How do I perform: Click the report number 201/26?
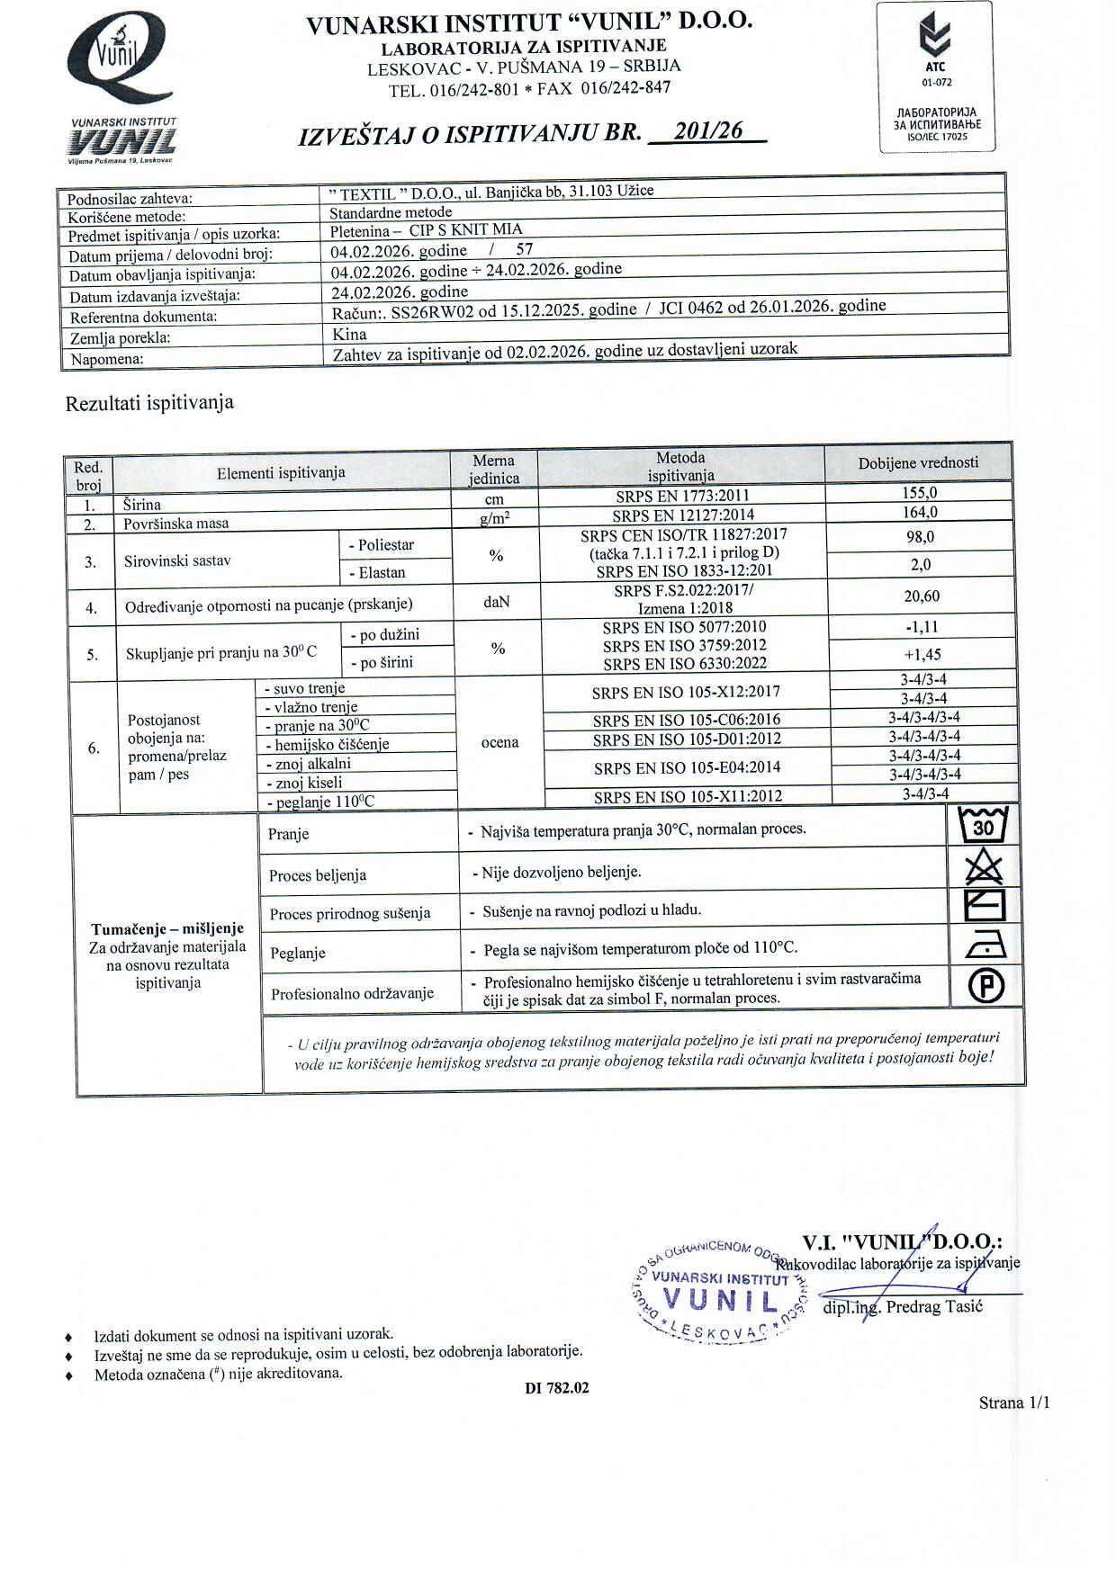click(710, 131)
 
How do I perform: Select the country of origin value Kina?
click(349, 334)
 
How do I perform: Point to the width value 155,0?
click(919, 493)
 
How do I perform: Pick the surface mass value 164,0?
click(919, 513)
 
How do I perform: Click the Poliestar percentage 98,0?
click(919, 537)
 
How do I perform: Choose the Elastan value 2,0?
click(920, 565)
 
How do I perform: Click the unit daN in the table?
click(496, 602)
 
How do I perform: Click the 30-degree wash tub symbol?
click(984, 825)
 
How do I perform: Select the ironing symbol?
click(985, 945)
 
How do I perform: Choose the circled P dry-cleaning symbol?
click(985, 987)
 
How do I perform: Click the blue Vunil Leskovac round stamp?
click(720, 1292)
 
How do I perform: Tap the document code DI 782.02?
click(557, 1388)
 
